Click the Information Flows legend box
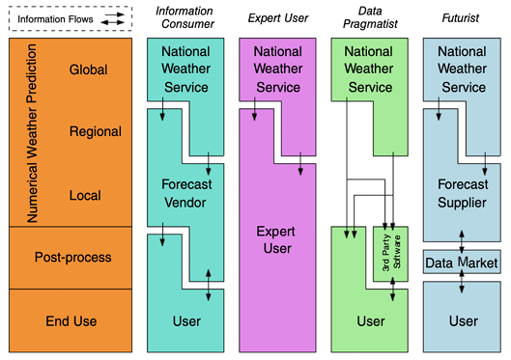pos(69,18)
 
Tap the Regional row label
pos(96,132)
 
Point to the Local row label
pos(85,196)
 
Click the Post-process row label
pos(72,258)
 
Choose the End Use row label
pos(72,321)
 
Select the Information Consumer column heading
pos(185,17)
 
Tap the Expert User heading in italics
pos(277,17)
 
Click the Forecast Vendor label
pos(185,192)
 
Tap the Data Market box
pos(462,263)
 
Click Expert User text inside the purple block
pos(277,241)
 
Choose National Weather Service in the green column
pos(368,69)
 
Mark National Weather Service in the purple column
pos(277,69)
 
